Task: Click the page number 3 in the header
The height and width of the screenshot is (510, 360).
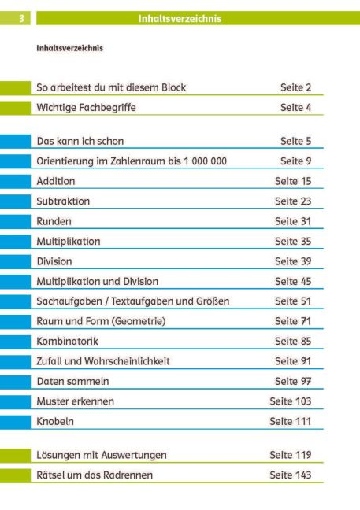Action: [21, 18]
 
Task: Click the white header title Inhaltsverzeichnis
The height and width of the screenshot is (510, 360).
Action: [180, 19]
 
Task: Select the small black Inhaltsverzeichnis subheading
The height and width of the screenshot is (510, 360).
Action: [69, 48]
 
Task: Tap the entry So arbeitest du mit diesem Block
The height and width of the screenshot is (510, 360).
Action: [111, 87]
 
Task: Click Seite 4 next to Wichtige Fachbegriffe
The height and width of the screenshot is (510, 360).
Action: [295, 107]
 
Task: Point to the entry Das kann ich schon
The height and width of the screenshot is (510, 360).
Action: [80, 141]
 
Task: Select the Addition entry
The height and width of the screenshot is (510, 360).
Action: [56, 181]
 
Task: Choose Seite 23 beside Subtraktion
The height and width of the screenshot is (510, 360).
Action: [293, 201]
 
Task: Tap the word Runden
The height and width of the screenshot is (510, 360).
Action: [54, 221]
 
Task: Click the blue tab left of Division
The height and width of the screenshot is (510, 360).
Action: [15, 261]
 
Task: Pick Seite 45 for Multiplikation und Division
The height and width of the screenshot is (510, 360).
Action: [293, 281]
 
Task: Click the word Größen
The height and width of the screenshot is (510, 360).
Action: [213, 301]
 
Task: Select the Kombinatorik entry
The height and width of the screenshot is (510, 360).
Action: [67, 342]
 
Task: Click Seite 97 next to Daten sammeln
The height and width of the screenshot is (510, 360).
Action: [293, 381]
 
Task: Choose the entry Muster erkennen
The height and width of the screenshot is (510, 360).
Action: [75, 401]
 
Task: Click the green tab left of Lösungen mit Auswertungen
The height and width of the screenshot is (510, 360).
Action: [15, 456]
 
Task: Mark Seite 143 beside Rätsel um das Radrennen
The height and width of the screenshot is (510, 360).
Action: [291, 475]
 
